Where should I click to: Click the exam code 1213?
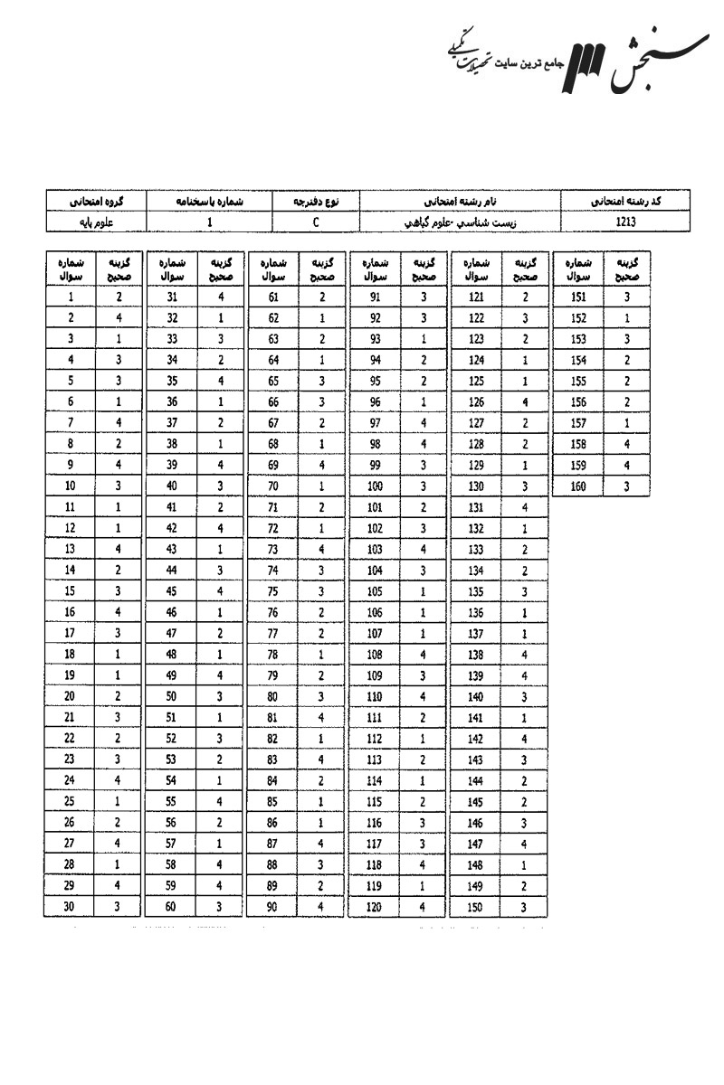pos(625,219)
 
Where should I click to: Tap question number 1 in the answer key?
pos(70,296)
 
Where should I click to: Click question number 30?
pos(70,906)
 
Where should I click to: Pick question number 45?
pos(171,590)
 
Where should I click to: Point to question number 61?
pos(272,296)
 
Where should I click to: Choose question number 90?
pos(272,906)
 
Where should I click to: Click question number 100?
pos(374,486)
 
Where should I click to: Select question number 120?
pos(374,906)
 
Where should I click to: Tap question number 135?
pos(475,590)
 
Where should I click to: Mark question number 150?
pos(475,906)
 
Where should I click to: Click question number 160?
pos(577,486)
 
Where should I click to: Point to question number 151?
pos(577,296)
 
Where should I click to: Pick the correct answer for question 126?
pos(524,401)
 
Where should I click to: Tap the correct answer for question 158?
pos(626,444)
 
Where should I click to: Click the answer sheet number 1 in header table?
pos(209,219)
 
